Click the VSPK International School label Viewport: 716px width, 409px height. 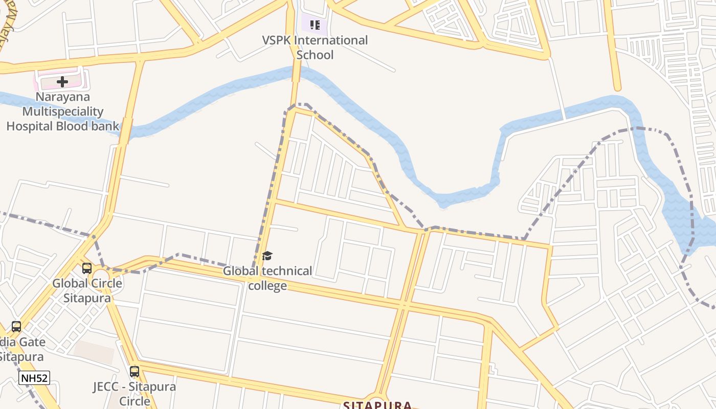point(315,48)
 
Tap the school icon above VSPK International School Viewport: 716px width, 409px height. point(315,25)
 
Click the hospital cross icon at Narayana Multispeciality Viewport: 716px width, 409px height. point(62,81)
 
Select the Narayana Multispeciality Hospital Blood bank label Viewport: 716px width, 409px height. point(62,111)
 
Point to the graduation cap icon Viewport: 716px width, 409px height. point(267,256)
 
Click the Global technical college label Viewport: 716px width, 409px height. point(267,278)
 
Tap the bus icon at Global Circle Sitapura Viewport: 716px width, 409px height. point(87,268)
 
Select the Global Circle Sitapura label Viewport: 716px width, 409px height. point(87,290)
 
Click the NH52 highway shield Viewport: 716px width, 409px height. point(34,378)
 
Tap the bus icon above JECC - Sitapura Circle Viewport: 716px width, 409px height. point(135,372)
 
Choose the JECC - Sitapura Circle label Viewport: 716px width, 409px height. point(135,393)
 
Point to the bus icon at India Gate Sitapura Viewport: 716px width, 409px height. point(16,327)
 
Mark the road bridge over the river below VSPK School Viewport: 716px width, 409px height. point(296,73)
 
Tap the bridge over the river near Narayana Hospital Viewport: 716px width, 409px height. point(124,130)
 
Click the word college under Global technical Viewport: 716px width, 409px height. point(267,286)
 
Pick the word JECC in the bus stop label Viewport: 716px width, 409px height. point(106,387)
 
